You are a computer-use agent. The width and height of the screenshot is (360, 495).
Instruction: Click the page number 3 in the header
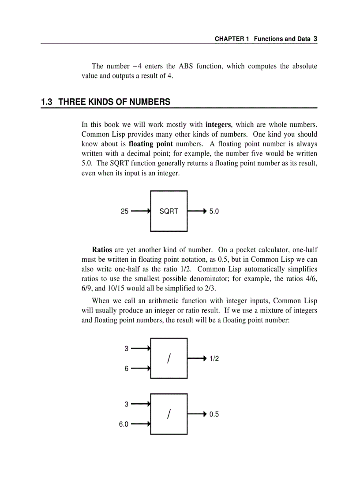(315, 38)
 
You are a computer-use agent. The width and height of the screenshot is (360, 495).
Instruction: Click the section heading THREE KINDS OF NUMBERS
(114, 102)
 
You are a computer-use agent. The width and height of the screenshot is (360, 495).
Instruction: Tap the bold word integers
(217, 125)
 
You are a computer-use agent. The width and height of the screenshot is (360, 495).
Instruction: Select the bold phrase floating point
(150, 144)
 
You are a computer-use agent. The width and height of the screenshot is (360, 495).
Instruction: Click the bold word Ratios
(101, 250)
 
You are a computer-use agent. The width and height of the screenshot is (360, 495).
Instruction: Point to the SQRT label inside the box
(169, 212)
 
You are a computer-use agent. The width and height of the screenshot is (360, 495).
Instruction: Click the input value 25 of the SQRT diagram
(124, 212)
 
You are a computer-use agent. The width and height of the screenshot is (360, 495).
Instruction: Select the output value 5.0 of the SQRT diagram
(214, 212)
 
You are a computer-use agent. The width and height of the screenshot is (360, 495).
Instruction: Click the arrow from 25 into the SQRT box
(141, 211)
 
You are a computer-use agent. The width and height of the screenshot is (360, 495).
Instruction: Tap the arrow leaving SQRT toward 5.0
(197, 211)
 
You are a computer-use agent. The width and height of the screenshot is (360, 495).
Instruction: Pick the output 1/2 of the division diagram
(214, 359)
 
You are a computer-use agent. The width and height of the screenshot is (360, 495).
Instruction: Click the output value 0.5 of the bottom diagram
(214, 414)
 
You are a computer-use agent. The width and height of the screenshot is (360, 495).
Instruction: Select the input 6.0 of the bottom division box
(124, 424)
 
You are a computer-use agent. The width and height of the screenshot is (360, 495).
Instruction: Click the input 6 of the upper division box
(126, 368)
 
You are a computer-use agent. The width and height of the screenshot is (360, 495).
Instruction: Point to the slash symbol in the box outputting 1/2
(169, 359)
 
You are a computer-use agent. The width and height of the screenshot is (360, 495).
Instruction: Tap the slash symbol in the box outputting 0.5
(169, 414)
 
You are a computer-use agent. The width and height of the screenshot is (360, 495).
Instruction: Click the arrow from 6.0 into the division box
(141, 424)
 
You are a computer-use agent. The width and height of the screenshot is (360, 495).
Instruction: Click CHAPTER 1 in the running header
(232, 39)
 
